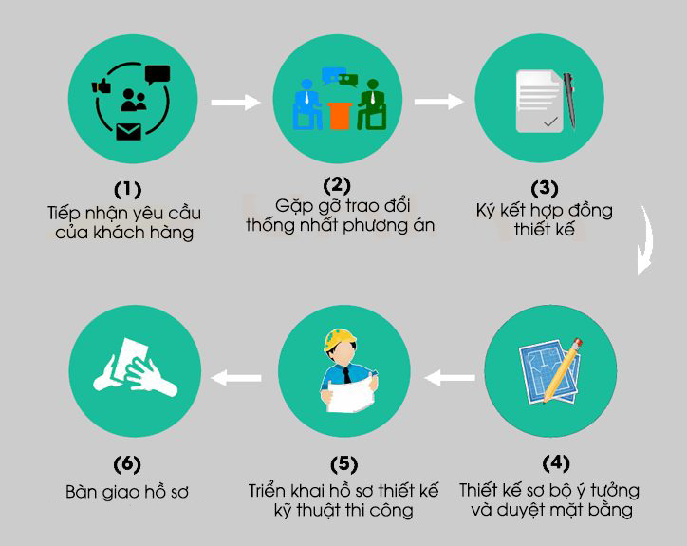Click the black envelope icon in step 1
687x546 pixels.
click(129, 132)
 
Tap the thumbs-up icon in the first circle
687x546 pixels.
click(102, 85)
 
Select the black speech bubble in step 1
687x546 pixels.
click(158, 75)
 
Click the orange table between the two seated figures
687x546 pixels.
click(340, 116)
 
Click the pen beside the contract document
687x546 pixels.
click(569, 101)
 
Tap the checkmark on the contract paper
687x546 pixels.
click(550, 122)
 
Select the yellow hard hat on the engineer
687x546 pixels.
click(340, 339)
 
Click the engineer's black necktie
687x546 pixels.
click(347, 375)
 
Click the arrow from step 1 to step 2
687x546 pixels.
click(235, 103)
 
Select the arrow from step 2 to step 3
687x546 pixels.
click(439, 102)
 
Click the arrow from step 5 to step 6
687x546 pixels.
click(236, 378)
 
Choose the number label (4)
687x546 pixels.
click(555, 463)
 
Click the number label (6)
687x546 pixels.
click(127, 464)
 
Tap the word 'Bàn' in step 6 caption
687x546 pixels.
click(82, 492)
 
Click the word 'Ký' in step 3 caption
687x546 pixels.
click(486, 211)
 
